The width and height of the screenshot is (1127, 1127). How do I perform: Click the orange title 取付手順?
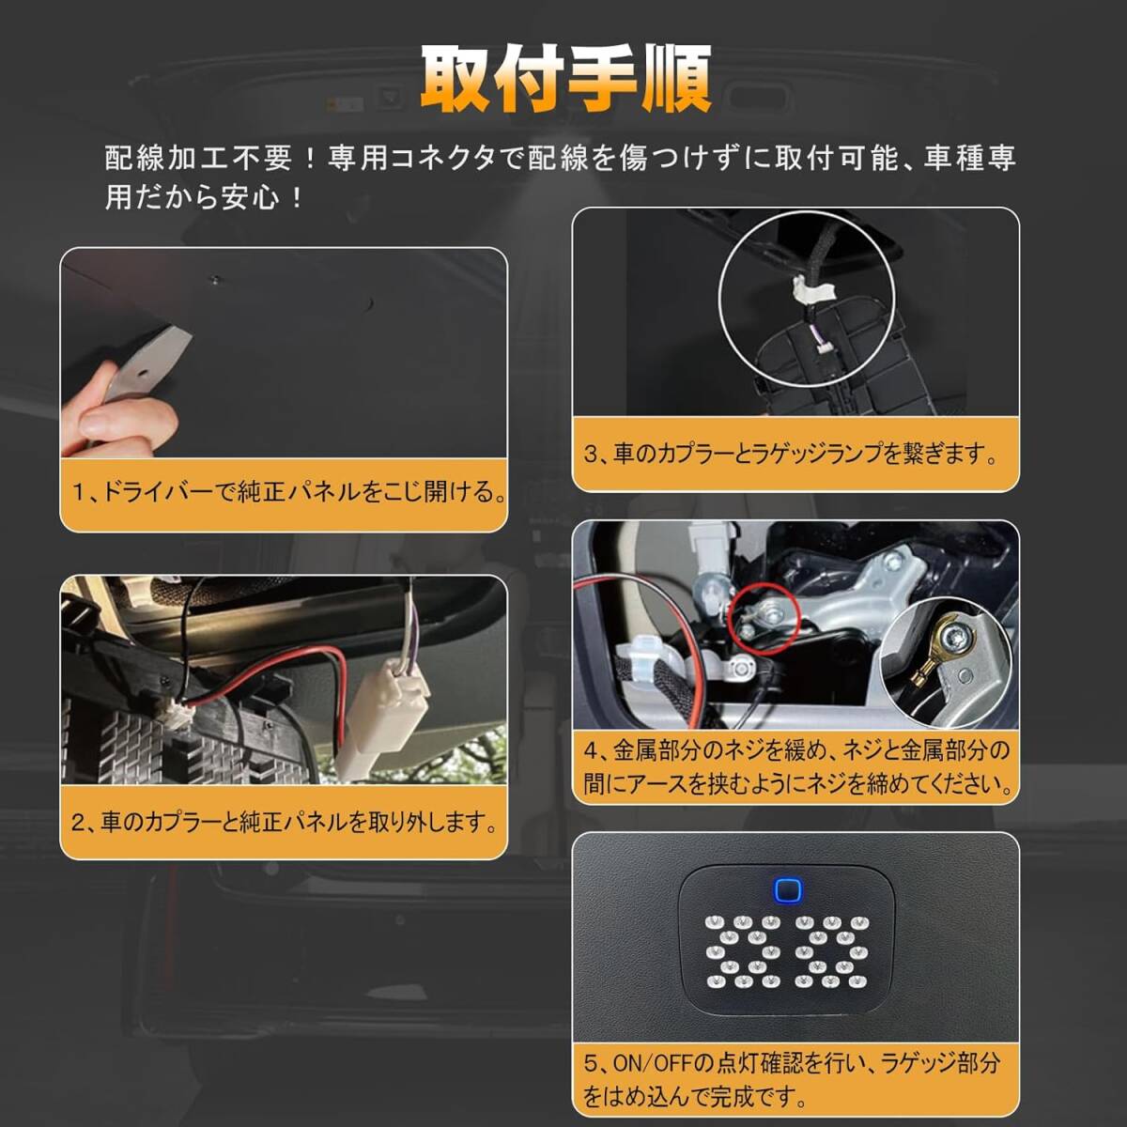(x=564, y=80)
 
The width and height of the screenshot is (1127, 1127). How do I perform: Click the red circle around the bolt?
(x=762, y=615)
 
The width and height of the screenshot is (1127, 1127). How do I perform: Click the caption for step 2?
(x=284, y=823)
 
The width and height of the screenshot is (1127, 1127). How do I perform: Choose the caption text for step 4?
(x=796, y=766)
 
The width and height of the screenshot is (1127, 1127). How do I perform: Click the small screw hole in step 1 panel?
(x=216, y=279)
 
